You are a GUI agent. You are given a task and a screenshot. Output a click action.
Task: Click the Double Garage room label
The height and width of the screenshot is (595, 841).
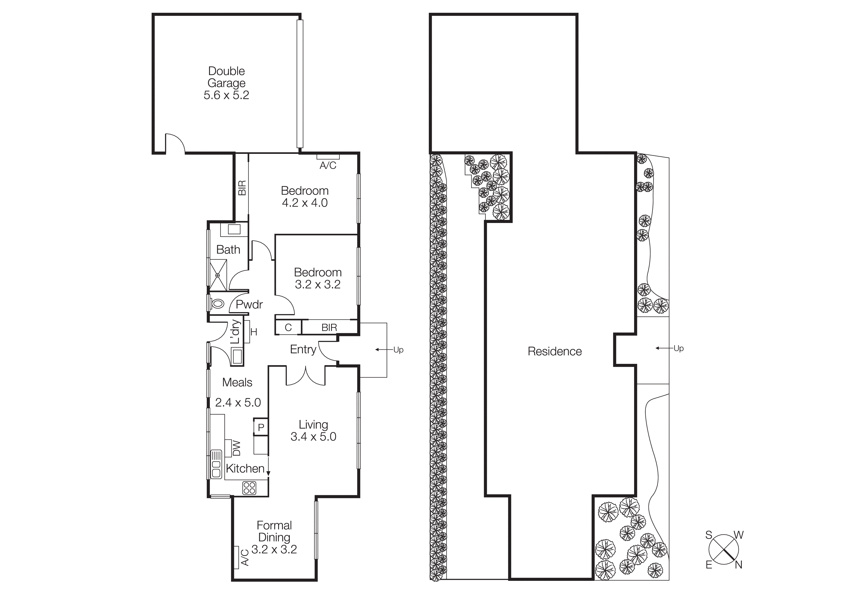pos(226,83)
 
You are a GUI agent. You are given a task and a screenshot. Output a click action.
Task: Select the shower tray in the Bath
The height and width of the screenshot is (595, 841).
pos(218,275)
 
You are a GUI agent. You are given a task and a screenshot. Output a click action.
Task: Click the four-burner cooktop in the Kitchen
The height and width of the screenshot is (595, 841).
pos(249,488)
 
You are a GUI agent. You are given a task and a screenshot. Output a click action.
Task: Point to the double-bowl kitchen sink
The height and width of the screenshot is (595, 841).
pos(216,464)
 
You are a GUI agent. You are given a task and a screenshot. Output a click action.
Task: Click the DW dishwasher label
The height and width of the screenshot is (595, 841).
pos(237,448)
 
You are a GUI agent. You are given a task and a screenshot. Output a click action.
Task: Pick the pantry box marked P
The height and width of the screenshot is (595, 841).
pos(261,427)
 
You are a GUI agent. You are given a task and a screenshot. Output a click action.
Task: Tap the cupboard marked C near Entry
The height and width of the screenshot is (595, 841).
pos(288,327)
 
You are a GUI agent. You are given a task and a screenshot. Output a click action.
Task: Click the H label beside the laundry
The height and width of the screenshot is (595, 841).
pos(254,332)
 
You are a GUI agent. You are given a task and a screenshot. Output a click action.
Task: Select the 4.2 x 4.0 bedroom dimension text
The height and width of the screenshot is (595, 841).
pos(305,203)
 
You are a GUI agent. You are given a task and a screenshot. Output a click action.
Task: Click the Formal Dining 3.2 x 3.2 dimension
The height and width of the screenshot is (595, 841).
pos(274,549)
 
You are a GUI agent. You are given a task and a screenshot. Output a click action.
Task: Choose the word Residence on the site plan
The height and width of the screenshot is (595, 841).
pos(555,351)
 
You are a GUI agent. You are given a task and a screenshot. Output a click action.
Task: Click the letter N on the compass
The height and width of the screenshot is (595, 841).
pos(738,565)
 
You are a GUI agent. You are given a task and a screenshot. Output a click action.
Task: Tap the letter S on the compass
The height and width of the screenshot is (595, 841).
pos(709,535)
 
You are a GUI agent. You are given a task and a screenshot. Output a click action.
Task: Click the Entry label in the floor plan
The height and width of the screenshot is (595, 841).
pos(303,349)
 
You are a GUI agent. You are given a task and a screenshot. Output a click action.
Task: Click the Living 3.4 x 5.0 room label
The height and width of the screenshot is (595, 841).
pos(313,430)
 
